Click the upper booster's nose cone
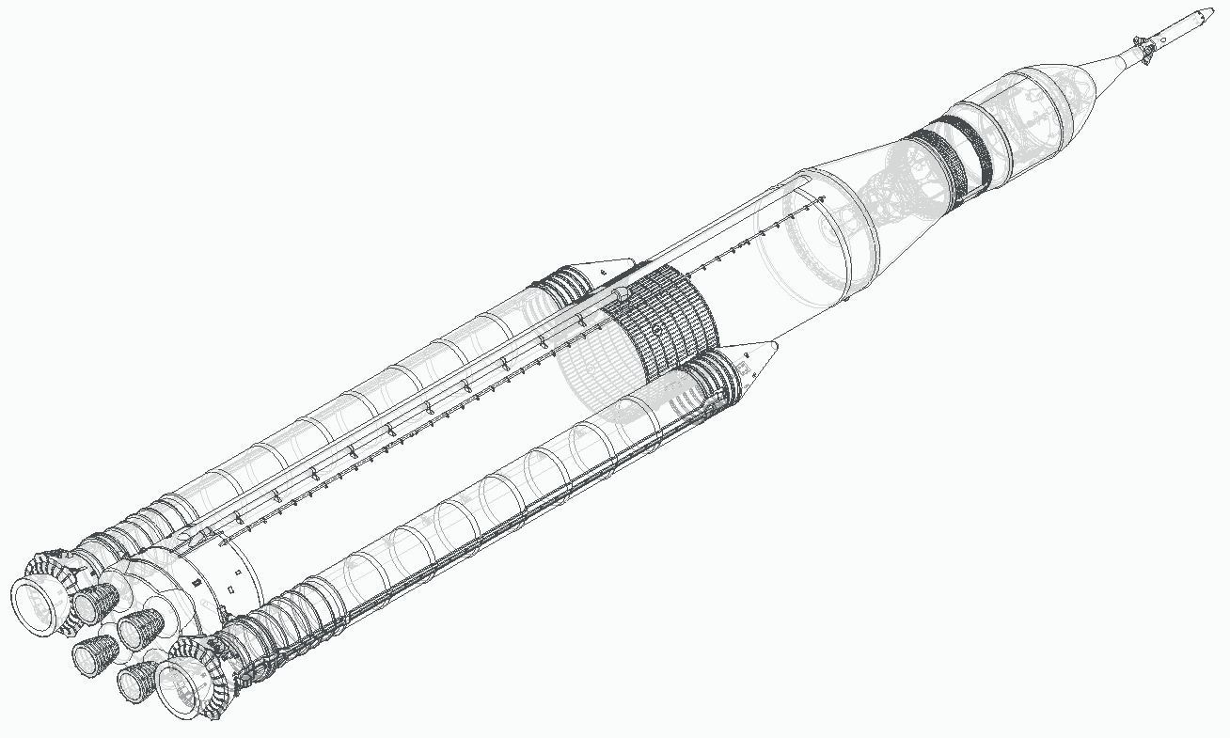click(611, 267)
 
